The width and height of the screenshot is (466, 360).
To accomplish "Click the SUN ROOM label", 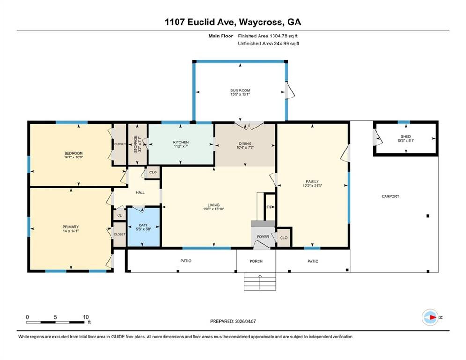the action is [240, 90].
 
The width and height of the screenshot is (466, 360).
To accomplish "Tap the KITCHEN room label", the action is [181, 142].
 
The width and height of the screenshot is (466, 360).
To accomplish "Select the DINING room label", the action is [245, 143].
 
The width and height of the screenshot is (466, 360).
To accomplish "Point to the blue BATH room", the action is [144, 226].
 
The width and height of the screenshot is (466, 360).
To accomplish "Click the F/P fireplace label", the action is [270, 207].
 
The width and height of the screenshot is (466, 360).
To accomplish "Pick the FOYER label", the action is [263, 237].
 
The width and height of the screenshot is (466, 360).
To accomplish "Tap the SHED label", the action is [406, 136].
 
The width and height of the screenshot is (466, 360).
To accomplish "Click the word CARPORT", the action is [390, 196].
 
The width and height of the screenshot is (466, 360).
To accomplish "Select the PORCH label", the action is [256, 261].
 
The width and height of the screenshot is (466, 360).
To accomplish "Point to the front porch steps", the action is [260, 281].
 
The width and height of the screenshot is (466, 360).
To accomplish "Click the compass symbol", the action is [430, 317].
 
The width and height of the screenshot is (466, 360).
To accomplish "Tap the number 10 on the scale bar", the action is [86, 317].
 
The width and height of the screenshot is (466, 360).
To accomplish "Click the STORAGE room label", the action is [135, 144].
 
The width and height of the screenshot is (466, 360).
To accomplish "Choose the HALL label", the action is [141, 193].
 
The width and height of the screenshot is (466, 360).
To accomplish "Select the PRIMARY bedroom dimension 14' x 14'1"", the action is [70, 231].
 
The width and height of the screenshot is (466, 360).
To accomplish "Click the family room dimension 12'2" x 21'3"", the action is [312, 186].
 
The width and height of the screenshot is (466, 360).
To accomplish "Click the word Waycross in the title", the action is [261, 22].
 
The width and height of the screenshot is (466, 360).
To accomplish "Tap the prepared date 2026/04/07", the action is [245, 321].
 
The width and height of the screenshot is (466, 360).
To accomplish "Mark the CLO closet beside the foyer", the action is [284, 238].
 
